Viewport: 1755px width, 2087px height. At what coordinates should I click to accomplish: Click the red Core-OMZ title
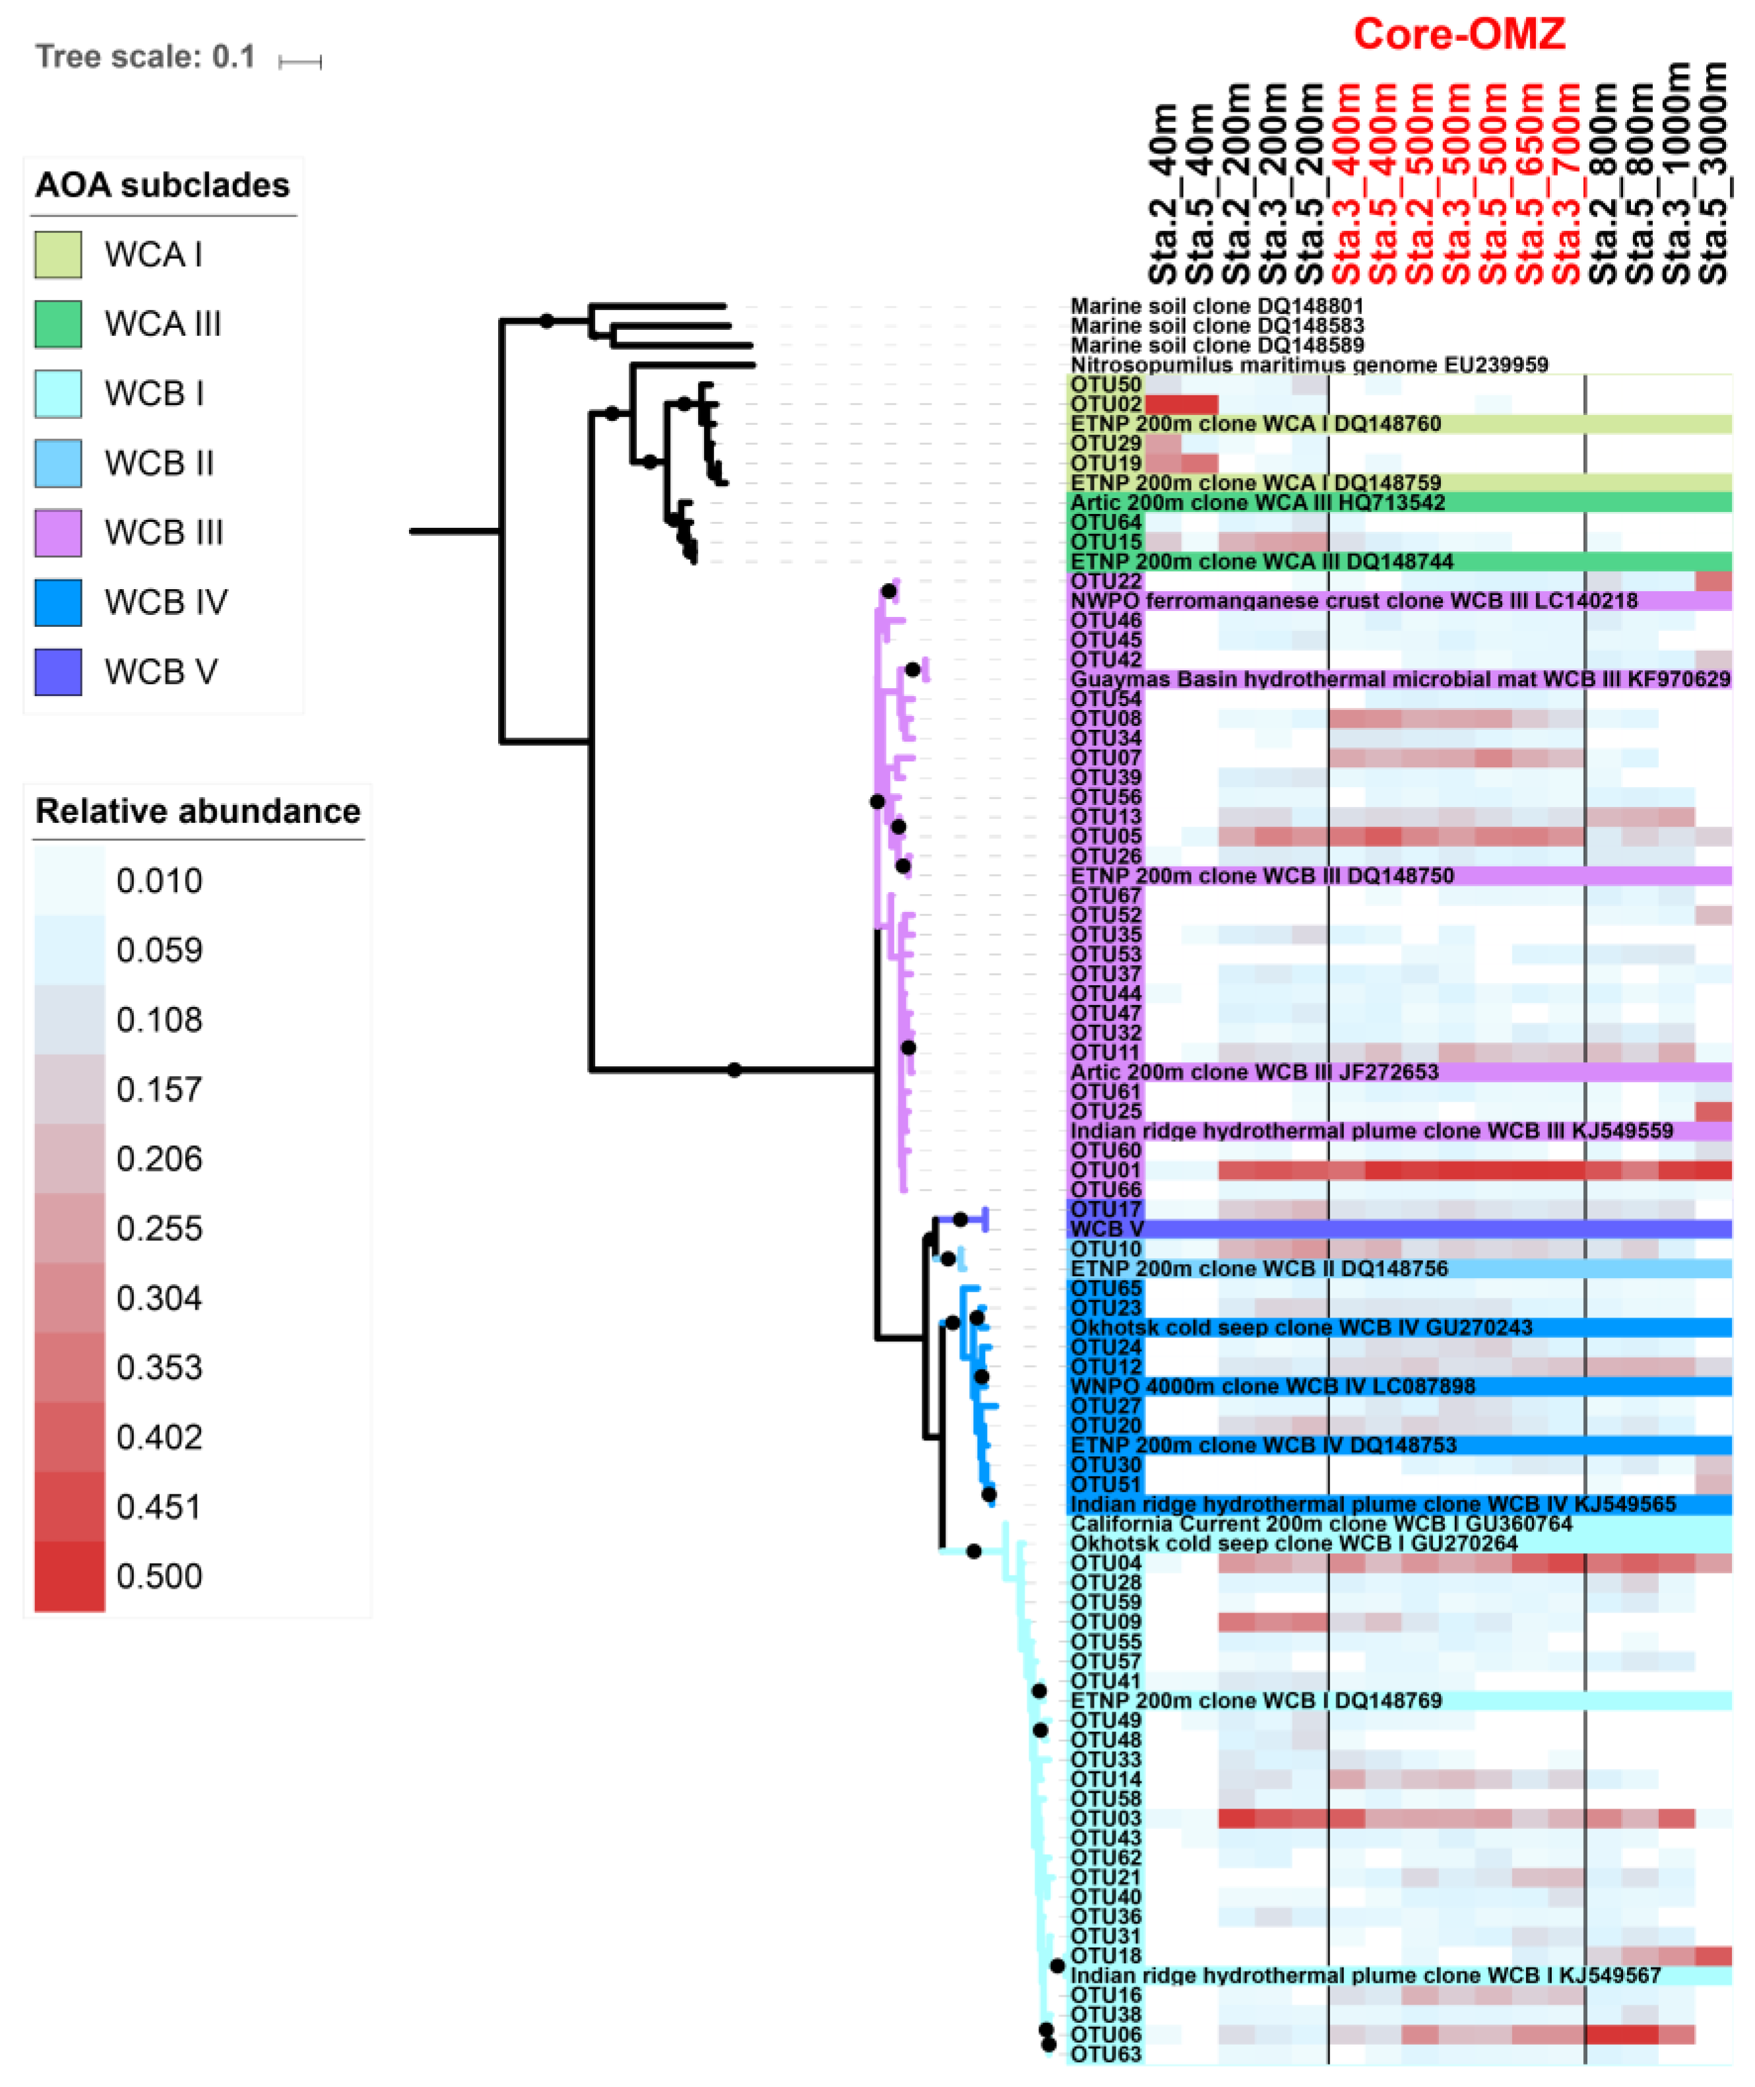[1459, 35]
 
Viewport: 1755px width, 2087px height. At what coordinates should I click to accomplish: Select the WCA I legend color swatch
[57, 255]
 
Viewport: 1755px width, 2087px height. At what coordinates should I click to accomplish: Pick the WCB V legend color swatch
[57, 672]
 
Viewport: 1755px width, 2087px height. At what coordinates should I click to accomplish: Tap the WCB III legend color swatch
[57, 532]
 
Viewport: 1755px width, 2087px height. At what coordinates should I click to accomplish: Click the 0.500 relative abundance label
[159, 1576]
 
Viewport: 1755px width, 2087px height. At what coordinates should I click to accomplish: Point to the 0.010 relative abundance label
[159, 880]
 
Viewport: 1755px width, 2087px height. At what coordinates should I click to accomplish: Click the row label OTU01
[1105, 1171]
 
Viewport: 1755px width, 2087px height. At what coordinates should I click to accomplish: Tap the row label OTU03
[1105, 1819]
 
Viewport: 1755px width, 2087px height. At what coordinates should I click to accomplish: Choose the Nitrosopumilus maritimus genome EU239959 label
[1308, 365]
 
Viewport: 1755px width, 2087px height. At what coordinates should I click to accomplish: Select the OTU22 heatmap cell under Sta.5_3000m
[1713, 581]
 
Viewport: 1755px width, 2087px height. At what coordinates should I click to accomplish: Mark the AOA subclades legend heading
[162, 185]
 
